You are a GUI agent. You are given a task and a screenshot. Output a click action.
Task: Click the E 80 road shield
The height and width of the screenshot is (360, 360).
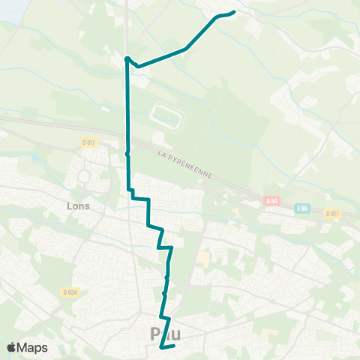click(x=301, y=208)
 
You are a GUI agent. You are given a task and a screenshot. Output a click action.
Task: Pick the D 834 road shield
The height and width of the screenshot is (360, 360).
click(x=70, y=292)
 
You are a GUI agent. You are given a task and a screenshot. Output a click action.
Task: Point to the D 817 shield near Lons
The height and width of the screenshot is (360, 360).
click(x=89, y=142)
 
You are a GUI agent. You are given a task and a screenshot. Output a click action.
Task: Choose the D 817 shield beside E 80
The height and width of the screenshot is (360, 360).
click(x=332, y=214)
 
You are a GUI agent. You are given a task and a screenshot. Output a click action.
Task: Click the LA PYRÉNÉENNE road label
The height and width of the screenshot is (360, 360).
click(x=185, y=163)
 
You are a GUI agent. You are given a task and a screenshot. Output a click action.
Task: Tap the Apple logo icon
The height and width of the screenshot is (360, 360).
click(x=12, y=347)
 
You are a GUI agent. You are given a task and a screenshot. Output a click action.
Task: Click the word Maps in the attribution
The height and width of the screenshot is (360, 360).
click(x=34, y=347)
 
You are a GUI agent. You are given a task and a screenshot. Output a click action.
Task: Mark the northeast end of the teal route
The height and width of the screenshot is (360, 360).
click(x=234, y=12)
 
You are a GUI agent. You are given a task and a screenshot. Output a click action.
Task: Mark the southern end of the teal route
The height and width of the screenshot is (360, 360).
click(x=162, y=346)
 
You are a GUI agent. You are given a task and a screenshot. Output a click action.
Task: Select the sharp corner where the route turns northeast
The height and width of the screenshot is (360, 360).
click(x=127, y=58)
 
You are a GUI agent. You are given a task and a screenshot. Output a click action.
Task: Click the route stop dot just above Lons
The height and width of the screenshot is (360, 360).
click(x=127, y=153)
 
